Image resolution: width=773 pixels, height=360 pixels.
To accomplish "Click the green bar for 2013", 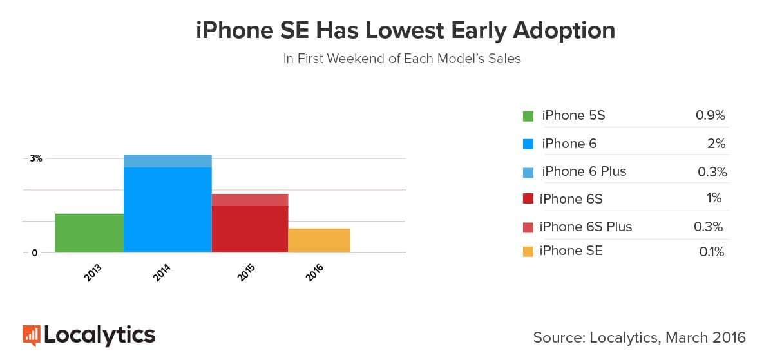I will tap(89, 232).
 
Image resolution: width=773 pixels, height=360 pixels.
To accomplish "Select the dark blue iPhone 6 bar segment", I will tap(167, 209).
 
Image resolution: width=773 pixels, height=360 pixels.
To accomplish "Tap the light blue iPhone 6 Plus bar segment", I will tap(167, 161).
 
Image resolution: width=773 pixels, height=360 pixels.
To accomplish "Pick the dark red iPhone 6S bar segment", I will tap(250, 229).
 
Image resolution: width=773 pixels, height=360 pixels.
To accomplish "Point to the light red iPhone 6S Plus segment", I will tap(250, 200).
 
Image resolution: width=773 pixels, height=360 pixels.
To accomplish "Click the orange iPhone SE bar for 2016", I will tap(319, 240).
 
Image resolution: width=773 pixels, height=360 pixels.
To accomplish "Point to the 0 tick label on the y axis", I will tap(35, 253).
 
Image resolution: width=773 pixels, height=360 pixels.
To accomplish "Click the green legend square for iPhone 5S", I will tap(528, 117).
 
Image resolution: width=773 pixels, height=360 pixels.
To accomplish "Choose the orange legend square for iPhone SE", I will tap(528, 252).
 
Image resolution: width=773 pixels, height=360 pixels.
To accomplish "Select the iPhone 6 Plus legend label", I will tap(584, 171).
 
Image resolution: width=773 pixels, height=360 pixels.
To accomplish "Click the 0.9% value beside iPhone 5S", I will tap(710, 116).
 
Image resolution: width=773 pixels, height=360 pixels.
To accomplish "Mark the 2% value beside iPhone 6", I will tap(716, 144).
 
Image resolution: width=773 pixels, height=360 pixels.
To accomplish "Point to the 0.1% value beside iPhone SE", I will tap(711, 252).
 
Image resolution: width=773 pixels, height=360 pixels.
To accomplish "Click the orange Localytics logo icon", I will tap(32, 335).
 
